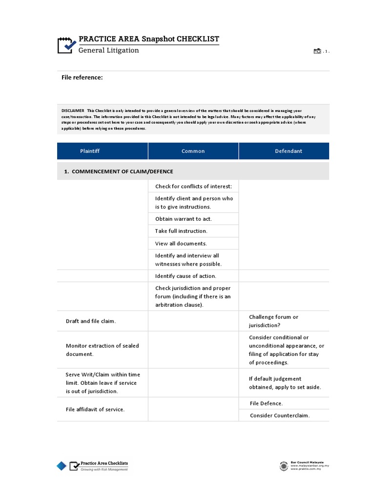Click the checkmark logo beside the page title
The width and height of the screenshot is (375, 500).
coord(67,44)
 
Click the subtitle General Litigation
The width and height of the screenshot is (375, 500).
coord(109,50)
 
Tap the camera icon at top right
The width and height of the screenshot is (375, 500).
coord(317,51)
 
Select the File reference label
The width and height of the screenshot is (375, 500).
coord(82,77)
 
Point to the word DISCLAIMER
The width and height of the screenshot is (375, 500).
coord(73,111)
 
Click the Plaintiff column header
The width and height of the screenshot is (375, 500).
coord(90,151)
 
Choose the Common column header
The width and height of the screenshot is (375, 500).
coord(193,151)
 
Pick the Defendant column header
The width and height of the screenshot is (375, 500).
coord(288,151)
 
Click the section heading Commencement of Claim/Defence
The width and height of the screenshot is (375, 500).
coord(119,171)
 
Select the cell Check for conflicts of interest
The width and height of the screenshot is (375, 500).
coord(193,186)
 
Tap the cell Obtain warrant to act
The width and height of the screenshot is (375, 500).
coord(183,219)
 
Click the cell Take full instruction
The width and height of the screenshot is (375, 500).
coord(181,231)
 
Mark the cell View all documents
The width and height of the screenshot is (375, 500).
coord(181,243)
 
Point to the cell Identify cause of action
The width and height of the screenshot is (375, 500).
coord(186,276)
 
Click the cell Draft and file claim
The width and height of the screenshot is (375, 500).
coord(91,321)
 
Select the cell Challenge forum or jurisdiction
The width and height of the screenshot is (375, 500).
coord(273,321)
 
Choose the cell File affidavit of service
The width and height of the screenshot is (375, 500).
coord(95,409)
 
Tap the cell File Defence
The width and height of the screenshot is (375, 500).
coord(266,403)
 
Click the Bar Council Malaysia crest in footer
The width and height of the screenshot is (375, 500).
coord(284,466)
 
